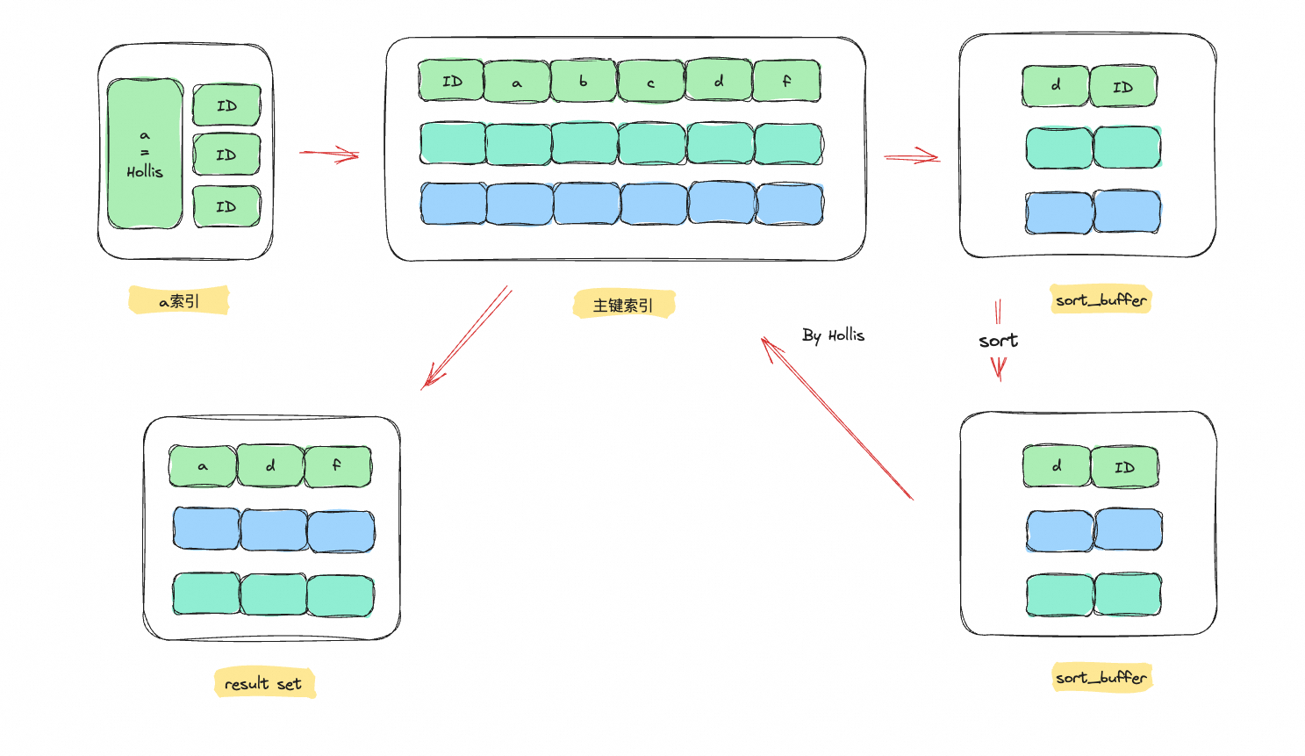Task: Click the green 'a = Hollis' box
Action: point(145,155)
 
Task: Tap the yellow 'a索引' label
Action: point(179,301)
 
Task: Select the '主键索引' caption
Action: point(623,305)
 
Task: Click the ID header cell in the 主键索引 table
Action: point(451,82)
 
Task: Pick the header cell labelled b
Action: point(584,82)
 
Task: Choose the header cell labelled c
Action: point(651,82)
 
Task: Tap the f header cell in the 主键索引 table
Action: point(786,82)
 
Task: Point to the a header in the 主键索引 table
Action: point(517,82)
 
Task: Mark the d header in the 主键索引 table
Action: point(719,82)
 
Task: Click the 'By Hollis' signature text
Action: point(833,335)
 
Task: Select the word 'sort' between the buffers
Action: point(998,341)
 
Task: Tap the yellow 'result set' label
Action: point(263,683)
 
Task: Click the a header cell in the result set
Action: point(203,466)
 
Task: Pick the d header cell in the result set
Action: point(270,466)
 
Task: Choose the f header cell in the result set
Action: point(337,466)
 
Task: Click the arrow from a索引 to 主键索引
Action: point(329,155)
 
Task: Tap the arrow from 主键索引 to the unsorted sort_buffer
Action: point(912,157)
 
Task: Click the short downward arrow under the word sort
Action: point(999,368)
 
